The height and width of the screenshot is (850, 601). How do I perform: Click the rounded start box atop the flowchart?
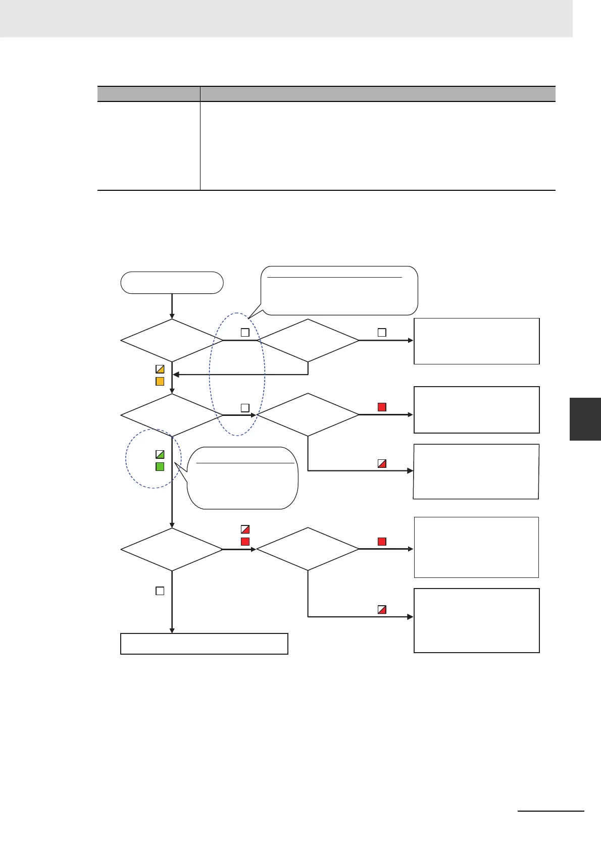point(172,283)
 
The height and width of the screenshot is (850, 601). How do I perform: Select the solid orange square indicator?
point(160,382)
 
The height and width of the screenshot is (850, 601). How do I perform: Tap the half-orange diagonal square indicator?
point(160,369)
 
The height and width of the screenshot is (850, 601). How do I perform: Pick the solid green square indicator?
point(160,467)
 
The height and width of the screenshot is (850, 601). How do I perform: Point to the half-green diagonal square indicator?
point(160,454)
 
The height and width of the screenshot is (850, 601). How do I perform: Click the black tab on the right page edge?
point(585,419)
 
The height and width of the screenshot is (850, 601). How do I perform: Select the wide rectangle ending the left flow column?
point(204,644)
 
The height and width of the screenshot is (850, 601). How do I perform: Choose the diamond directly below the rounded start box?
point(172,340)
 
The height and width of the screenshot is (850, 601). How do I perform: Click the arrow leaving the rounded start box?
point(172,306)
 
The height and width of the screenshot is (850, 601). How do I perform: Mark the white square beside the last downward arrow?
point(160,591)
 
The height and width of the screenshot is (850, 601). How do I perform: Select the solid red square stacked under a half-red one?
point(245,542)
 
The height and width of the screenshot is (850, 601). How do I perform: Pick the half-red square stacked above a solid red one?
point(245,529)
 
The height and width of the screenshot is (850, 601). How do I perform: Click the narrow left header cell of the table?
point(148,94)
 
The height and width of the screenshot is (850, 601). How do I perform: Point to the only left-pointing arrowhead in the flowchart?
point(176,375)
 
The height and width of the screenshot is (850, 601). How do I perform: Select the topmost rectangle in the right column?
point(476,341)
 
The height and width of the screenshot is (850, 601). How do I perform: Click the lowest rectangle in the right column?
point(476,620)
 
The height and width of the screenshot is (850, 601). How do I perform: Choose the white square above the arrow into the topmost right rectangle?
point(382,333)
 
